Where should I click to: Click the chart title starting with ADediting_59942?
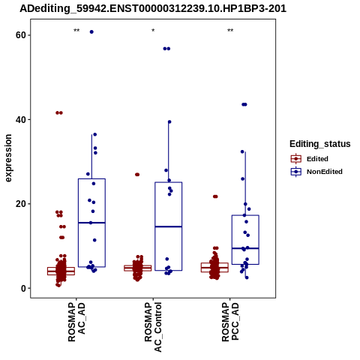coord(153,9)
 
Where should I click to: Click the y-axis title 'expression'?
coord(8,158)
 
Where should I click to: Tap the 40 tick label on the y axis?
coord(21,119)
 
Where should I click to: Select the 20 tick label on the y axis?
coord(21,204)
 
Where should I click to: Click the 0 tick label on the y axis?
coord(23,288)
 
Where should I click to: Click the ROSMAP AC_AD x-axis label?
coord(76,322)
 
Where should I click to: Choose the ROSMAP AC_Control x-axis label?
coord(153,327)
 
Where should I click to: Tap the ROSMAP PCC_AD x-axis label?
coord(230,322)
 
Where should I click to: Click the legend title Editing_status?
coord(320,144)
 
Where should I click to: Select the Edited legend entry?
coord(310,159)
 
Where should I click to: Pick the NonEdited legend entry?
coord(316,172)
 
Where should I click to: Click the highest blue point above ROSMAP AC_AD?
coord(91,31)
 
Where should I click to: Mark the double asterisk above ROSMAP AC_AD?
coord(76,31)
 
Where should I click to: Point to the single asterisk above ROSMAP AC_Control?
coord(153,31)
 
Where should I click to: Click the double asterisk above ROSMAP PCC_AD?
coord(230,31)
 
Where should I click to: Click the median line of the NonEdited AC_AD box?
coord(91,223)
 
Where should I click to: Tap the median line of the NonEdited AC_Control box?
coord(169,226)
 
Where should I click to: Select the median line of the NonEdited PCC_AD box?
coord(245,248)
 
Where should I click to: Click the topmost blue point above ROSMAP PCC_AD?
coord(244,104)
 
